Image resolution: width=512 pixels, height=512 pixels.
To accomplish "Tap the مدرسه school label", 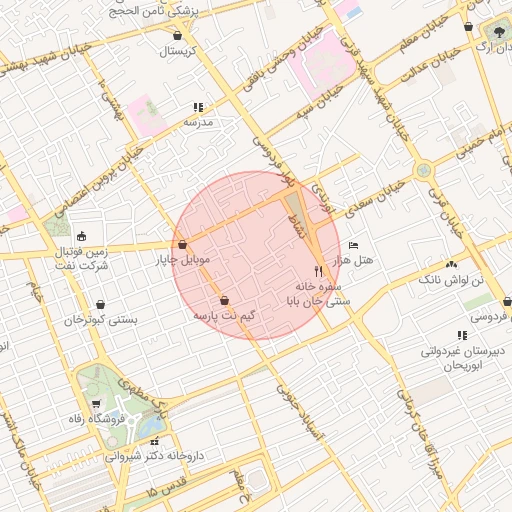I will tap(197, 121).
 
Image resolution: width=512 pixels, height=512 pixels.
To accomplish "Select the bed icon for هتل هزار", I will tap(353, 245).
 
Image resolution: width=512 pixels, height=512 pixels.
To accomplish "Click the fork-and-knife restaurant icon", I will tap(319, 270).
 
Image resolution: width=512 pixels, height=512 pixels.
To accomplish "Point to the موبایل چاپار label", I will tap(181, 260).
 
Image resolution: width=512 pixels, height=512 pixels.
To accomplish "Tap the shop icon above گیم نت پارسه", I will tap(223, 300).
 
